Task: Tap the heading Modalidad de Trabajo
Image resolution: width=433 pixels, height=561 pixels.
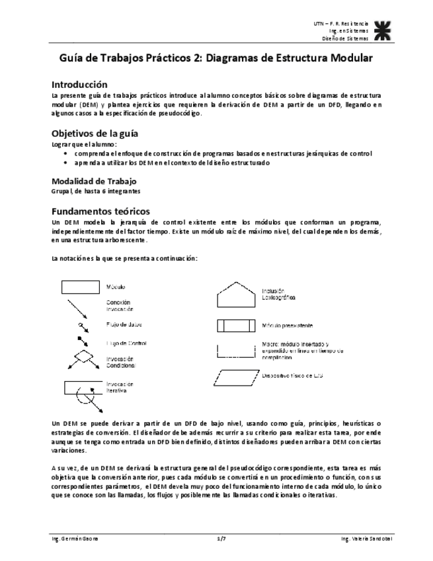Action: [93, 181]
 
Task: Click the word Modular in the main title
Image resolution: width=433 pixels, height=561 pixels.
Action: [345, 58]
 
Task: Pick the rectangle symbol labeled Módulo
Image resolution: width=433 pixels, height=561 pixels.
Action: [80, 286]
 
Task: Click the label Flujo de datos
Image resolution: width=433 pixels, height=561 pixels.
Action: [124, 325]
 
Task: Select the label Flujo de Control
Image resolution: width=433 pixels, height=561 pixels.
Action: [126, 343]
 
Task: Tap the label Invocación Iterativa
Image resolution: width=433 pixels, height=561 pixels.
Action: [120, 387]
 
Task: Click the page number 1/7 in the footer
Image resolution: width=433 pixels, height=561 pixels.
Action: [221, 539]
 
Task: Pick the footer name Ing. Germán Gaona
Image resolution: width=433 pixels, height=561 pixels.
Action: [75, 539]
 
